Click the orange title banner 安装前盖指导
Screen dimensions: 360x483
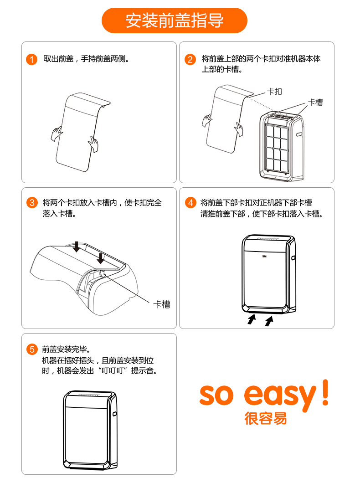174,21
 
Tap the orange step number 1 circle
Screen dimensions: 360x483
32,59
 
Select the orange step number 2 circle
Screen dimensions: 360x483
190,59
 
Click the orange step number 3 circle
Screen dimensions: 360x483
32,203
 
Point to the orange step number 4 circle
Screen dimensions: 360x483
190,202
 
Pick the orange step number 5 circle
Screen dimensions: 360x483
32,349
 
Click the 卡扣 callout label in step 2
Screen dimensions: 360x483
274,92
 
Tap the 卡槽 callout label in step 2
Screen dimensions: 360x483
316,102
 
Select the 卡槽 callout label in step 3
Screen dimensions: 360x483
162,304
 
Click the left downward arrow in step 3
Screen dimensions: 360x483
77,247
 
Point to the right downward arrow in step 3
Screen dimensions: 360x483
101,258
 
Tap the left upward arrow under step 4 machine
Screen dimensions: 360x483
252,319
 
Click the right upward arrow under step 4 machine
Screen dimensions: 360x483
269,321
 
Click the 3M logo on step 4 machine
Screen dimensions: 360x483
264,256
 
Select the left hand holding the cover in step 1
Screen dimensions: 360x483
57,134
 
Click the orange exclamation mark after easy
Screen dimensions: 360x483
325,392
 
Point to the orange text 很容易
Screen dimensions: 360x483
266,419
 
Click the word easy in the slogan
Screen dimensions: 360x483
280,396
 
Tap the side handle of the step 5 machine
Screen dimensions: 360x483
114,414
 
